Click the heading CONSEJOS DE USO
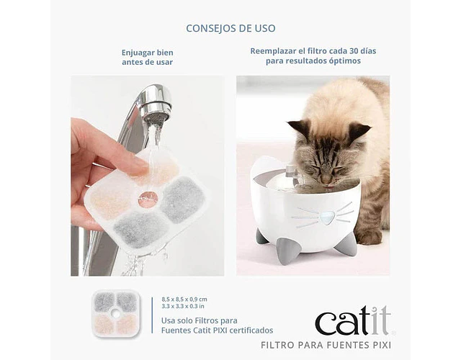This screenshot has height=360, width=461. point(230,28)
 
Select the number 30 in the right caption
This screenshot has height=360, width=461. point(355,51)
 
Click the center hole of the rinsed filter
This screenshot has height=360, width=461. point(148,199)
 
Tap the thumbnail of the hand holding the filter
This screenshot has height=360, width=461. point(147,176)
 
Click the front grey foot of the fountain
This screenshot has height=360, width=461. point(286,251)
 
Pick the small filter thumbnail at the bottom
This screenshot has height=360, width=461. point(116,313)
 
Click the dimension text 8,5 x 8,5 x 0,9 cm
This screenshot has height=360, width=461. point(184,300)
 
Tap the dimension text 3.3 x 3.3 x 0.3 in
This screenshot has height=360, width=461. point(183,306)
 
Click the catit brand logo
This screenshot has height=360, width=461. point(354,320)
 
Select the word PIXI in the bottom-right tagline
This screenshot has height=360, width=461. point(382,345)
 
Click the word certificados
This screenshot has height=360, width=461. point(251,330)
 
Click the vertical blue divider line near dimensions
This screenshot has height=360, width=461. point(152,315)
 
